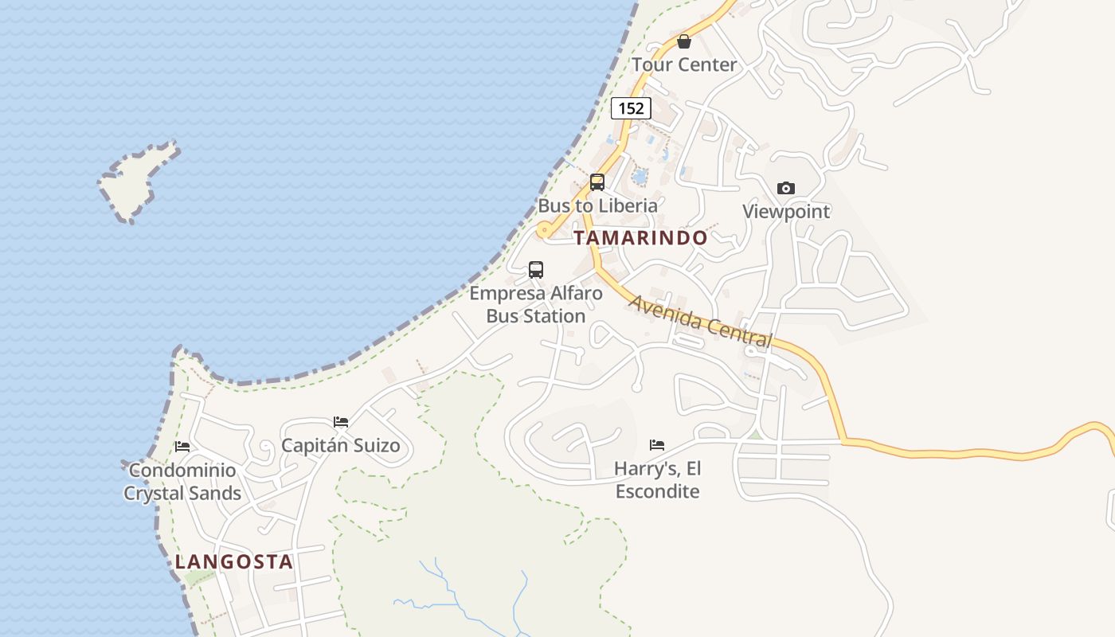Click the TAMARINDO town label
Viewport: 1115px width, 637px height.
[640, 238]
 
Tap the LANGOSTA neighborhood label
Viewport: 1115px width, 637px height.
[234, 562]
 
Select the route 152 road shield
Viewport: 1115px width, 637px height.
[631, 108]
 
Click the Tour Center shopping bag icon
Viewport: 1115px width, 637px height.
[683, 41]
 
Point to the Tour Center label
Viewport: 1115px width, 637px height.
[684, 64]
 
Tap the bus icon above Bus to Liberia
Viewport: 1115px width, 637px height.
[597, 182]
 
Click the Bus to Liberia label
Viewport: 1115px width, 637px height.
[598, 205]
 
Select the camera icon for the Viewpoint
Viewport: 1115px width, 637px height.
[786, 189]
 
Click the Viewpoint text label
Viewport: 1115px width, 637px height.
[786, 212]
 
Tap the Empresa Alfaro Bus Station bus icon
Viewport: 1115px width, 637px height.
[536, 270]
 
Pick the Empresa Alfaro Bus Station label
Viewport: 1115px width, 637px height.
[536, 305]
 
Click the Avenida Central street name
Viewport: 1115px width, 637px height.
[701, 321]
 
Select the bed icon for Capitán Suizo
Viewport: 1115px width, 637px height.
[341, 422]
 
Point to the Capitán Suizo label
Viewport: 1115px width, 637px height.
[341, 445]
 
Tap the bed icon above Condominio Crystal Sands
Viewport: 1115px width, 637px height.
[182, 447]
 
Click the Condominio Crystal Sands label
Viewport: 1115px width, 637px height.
[182, 482]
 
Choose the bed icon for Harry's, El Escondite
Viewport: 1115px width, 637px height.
[657, 445]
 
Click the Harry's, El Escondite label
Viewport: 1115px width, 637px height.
[657, 479]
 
